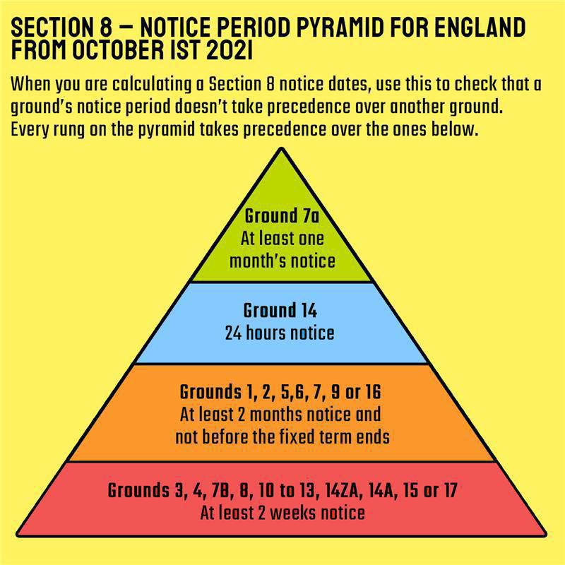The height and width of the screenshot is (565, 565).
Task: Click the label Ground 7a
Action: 282,216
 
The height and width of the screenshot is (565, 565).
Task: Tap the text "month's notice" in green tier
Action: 282,261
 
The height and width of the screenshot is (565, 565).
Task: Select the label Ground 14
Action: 280,310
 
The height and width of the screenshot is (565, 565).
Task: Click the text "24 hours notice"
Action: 280,333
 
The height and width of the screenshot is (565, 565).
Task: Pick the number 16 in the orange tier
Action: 373,392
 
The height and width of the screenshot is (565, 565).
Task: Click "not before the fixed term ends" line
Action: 282,436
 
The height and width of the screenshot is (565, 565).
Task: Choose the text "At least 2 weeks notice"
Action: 282,513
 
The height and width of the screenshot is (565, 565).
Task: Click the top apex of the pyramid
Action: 282,148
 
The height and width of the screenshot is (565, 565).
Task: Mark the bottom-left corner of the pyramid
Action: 17,535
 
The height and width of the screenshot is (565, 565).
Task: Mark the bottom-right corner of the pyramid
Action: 545,535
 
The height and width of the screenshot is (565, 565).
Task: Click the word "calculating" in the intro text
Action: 152,85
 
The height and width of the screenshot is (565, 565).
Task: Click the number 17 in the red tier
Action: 450,490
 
